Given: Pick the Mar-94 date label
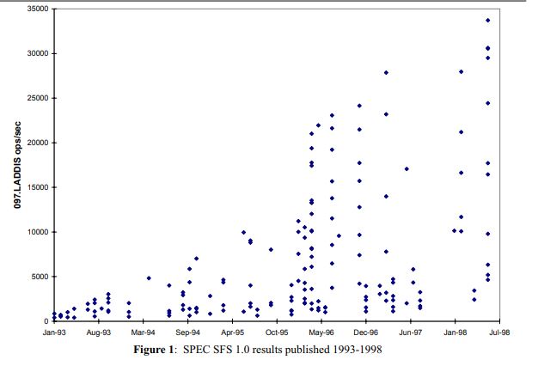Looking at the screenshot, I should tap(143, 331).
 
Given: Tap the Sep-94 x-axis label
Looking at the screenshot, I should tap(187, 331).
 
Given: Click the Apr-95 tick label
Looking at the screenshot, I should tap(232, 331).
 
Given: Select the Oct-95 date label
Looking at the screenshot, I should tap(277, 331).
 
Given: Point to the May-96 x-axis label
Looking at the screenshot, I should tap(321, 331).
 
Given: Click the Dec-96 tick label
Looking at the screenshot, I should tap(366, 331).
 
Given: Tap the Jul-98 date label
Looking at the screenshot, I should tap(499, 331).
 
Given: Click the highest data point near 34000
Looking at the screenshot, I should tap(488, 20).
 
